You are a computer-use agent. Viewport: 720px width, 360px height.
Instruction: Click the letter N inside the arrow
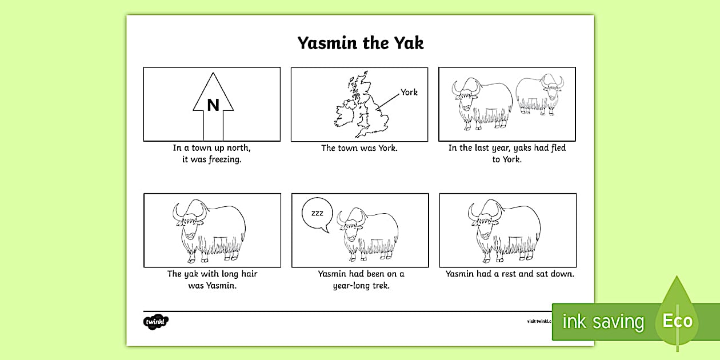coord(213,105)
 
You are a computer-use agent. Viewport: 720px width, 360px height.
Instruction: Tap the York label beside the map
coord(409,92)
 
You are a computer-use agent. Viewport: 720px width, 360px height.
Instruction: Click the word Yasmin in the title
coord(327,43)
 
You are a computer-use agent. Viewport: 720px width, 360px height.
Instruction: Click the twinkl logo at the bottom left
coord(155,322)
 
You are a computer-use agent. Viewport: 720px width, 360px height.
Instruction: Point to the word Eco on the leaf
coord(677,321)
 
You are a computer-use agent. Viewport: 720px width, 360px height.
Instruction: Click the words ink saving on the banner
coord(603,321)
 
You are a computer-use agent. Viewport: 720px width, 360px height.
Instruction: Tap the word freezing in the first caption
coord(225,159)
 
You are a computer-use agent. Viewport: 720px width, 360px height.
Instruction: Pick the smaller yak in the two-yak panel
coord(539,94)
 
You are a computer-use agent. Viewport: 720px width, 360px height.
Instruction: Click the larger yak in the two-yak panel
coord(482,103)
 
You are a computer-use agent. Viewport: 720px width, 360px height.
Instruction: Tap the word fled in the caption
coord(558,147)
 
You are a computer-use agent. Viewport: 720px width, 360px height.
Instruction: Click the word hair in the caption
coord(249,274)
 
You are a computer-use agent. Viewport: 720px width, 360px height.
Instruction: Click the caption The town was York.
coord(359,148)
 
